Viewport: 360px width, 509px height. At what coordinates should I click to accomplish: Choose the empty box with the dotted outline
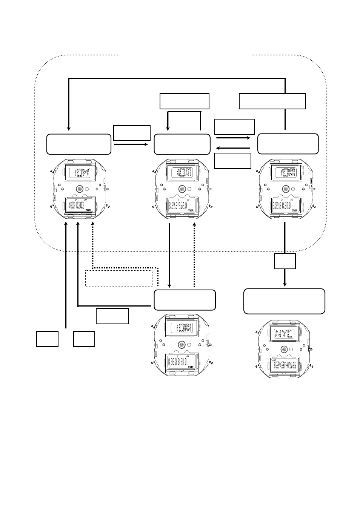(119, 278)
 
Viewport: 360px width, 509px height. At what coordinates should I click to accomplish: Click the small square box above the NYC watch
(285, 261)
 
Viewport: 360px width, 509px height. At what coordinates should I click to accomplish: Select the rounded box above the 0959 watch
(182, 144)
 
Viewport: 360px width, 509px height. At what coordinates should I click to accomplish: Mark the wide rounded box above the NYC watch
(284, 301)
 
